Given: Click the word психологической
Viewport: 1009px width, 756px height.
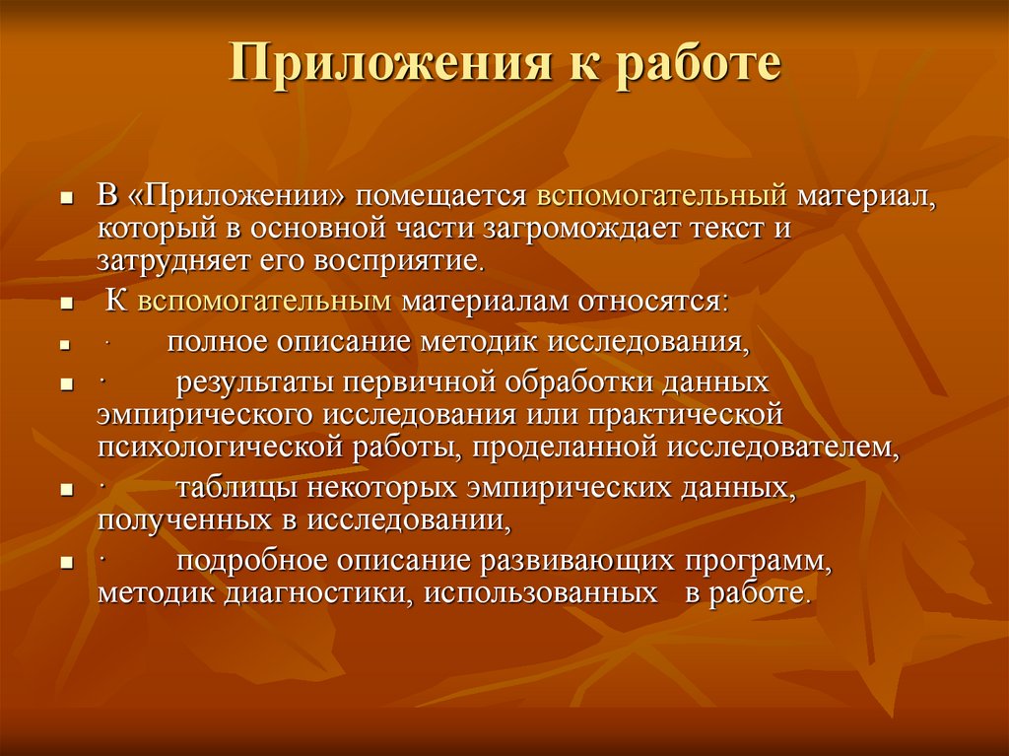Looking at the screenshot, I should coord(220,448).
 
